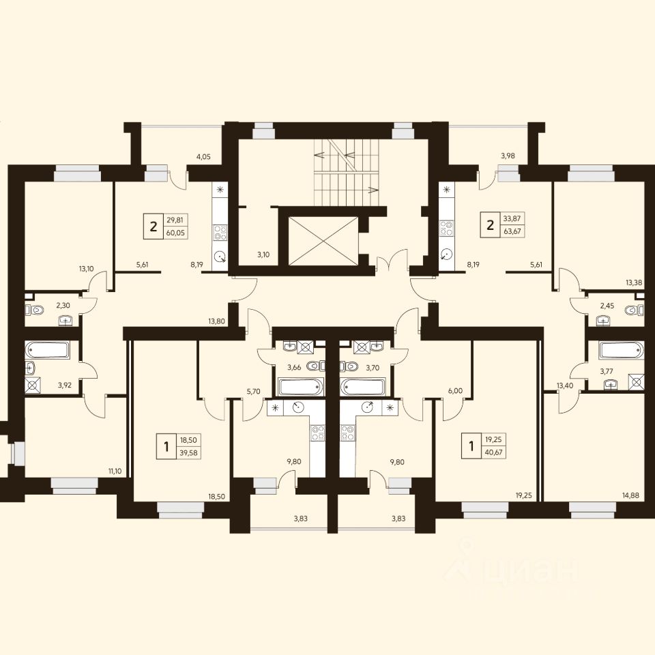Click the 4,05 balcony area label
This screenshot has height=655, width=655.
tap(203, 157)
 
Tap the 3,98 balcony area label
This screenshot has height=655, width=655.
tap(508, 156)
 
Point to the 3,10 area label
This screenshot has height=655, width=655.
tap(263, 254)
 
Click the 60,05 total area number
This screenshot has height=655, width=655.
tap(175, 233)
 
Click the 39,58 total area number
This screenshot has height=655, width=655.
tap(188, 452)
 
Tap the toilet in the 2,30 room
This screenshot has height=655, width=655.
tap(35, 310)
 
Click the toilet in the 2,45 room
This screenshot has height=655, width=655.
tap(635, 310)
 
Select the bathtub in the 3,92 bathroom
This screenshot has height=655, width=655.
tap(47, 350)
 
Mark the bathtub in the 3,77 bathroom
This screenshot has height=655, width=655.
tap(622, 350)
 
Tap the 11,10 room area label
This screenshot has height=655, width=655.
tap(115, 471)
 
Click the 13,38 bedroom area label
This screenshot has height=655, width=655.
tap(634, 282)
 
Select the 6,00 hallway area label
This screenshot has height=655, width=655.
tap(455, 390)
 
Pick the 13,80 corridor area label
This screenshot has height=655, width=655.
tap(216, 321)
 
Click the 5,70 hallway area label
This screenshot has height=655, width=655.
tap(253, 392)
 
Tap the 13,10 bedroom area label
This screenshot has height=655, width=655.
tap(86, 269)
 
